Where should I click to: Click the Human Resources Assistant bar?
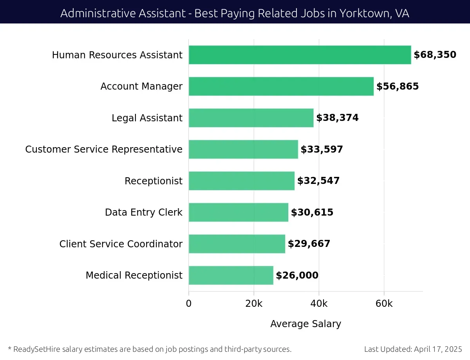[x=300, y=55]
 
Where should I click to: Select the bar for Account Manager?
[x=281, y=86]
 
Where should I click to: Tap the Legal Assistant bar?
[x=251, y=118]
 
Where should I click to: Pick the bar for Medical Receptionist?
[x=231, y=275]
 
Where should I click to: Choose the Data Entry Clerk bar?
[x=238, y=212]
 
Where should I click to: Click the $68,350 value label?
[x=435, y=55]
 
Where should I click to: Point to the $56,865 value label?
[x=398, y=86]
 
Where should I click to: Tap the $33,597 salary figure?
[x=322, y=149]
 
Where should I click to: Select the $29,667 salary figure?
[x=309, y=244]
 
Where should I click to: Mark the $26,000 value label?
[x=297, y=275]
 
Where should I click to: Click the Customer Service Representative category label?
[x=104, y=149]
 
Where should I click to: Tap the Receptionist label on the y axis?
[x=153, y=181]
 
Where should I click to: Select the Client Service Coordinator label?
[x=121, y=244]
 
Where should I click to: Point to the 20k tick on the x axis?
[x=254, y=304]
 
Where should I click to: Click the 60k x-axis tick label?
[x=384, y=304]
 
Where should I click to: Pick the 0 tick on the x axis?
[x=189, y=304]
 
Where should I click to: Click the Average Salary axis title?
[x=305, y=324]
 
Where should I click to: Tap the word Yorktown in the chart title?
[x=365, y=13]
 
